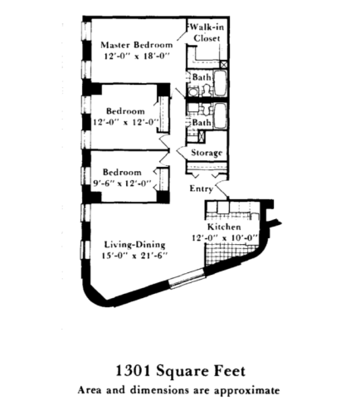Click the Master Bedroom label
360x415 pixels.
coord(137,43)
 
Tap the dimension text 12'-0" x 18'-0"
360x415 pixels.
coord(137,56)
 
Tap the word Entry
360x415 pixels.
coord(202,189)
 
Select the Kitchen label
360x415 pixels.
coord(224,227)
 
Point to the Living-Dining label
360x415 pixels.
coord(135,245)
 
